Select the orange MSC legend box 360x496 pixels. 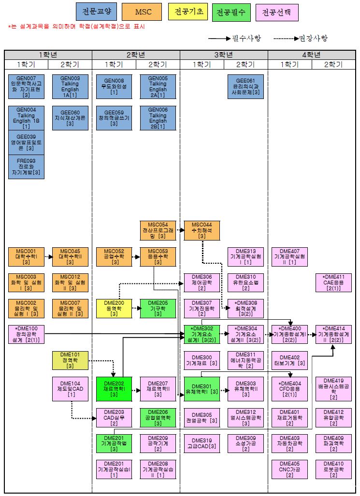coord(142,12)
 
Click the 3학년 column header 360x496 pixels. coord(224,55)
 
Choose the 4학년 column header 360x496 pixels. coord(311,55)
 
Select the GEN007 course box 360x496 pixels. coord(27,86)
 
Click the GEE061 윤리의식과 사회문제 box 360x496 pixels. coord(245,86)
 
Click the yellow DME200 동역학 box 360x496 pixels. coord(114,309)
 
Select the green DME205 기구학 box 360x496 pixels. coord(158,309)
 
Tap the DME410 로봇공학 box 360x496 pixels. coord(333,468)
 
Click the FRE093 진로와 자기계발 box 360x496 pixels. coord(27,166)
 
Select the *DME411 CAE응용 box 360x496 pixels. coord(333,283)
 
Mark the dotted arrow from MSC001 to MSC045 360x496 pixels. coord(48,257)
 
